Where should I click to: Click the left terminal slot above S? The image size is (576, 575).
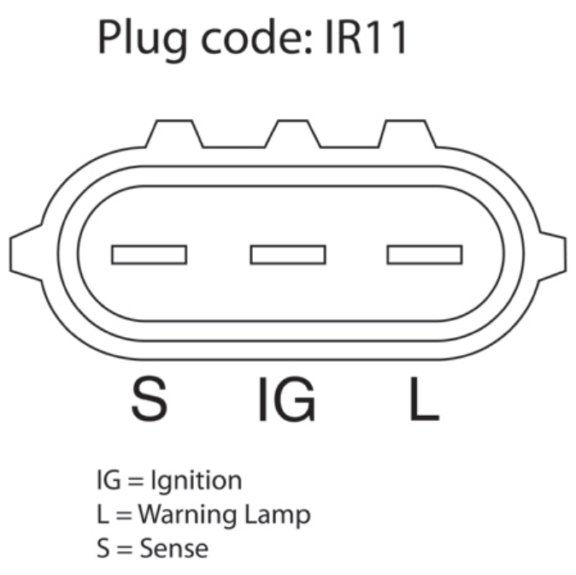[149, 254]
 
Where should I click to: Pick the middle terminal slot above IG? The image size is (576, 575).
[287, 254]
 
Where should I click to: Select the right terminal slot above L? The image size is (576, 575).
[425, 254]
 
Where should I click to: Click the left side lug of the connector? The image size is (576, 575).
[24, 254]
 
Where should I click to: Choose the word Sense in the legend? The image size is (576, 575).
[174, 547]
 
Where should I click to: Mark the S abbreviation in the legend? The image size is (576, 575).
[103, 547]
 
